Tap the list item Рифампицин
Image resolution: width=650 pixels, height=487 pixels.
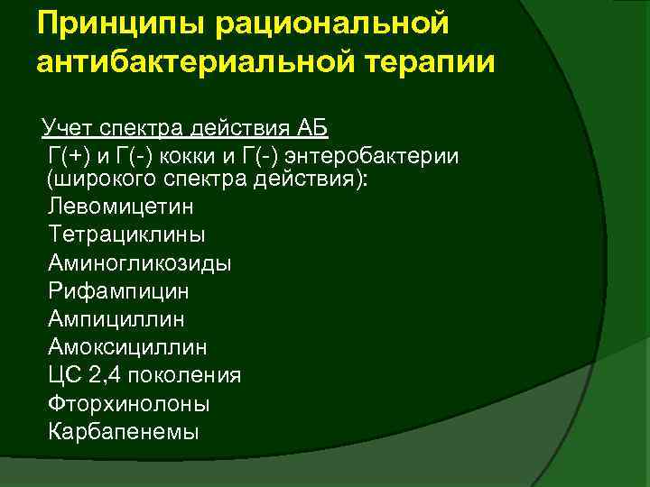pos(119,291)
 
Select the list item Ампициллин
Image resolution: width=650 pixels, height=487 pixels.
pos(119,319)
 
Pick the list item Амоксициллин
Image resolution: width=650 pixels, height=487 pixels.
pos(128,347)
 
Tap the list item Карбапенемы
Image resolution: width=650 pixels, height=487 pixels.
pos(123,431)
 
